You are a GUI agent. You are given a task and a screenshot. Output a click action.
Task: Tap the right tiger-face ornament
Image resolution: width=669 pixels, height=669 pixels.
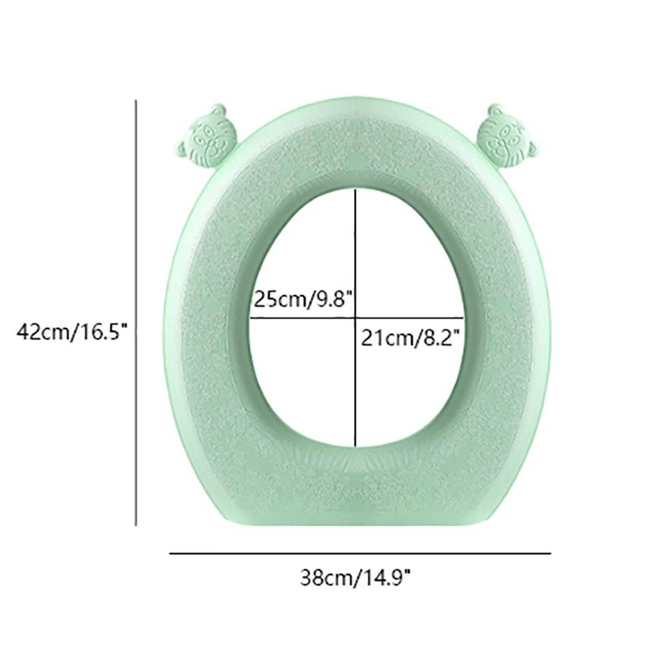tap(506, 137)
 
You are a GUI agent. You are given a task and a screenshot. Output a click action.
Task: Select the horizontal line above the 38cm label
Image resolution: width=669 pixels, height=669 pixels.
tap(360, 553)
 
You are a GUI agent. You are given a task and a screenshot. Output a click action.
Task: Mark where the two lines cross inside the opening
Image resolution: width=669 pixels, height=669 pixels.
tap(357, 318)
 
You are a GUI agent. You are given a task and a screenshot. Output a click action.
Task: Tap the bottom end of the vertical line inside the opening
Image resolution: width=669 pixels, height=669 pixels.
tap(357, 447)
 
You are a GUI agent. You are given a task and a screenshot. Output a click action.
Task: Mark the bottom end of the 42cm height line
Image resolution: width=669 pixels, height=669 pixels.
tap(135, 525)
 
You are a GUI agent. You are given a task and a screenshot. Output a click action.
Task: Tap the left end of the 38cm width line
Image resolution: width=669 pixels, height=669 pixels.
tap(170, 553)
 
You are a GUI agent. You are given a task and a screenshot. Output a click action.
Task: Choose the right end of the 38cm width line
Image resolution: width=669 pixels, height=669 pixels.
tap(550, 553)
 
